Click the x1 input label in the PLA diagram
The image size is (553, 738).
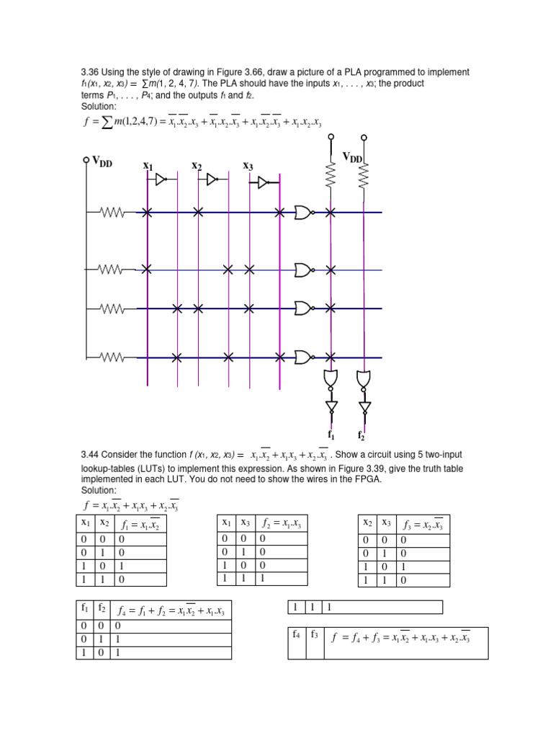(148, 166)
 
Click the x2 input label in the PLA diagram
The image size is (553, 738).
(197, 166)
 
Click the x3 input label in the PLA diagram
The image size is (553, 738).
(248, 166)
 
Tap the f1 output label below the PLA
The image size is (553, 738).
(331, 435)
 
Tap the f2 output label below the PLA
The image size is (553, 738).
(361, 437)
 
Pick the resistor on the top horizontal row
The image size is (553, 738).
(112, 213)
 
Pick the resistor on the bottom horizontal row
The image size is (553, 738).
(112, 357)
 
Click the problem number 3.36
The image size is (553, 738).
(89, 72)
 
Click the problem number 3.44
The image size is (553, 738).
(89, 455)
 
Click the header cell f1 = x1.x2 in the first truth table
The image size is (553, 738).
(140, 524)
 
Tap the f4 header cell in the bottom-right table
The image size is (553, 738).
(296, 634)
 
